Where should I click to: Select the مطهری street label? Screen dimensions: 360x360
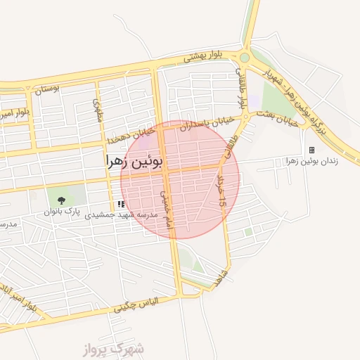[x=98, y=110]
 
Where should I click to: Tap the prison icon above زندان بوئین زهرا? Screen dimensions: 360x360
[x=311, y=150]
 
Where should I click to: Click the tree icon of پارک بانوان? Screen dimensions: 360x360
[x=60, y=200]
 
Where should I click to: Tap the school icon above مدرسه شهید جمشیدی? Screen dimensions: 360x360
[x=121, y=204]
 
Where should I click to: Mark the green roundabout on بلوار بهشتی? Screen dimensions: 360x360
[x=244, y=58]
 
